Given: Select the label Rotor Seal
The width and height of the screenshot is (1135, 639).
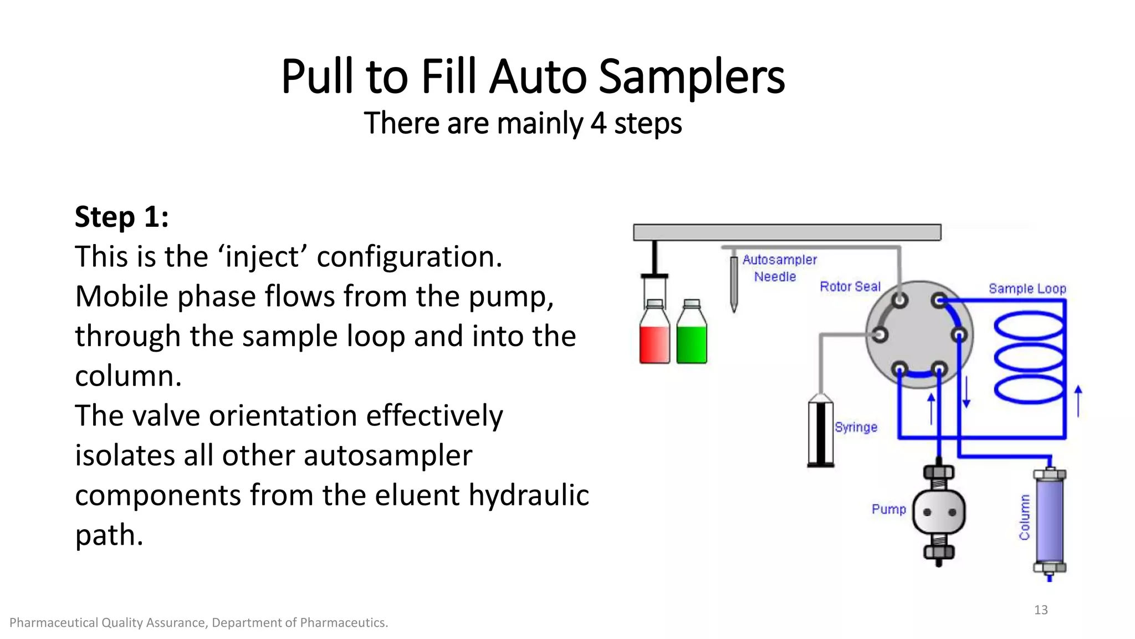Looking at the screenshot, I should pyautogui.click(x=850, y=287).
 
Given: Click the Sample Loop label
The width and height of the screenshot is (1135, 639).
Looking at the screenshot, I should pyautogui.click(x=1027, y=288).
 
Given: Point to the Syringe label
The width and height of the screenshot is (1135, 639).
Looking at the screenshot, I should pyautogui.click(x=856, y=427).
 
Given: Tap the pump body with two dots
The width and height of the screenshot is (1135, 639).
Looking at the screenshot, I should pyautogui.click(x=938, y=513).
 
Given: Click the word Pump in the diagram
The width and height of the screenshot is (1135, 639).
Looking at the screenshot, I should pyautogui.click(x=888, y=509).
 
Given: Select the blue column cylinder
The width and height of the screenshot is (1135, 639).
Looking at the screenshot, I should pyautogui.click(x=1049, y=520).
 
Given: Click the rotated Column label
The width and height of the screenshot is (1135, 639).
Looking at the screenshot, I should pyautogui.click(x=1024, y=518).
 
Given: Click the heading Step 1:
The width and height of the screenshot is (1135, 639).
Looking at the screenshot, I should pyautogui.click(x=121, y=216).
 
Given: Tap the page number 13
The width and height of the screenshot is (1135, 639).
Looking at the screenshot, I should pyautogui.click(x=1040, y=610).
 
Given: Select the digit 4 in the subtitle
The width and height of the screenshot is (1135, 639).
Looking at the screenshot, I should pyautogui.click(x=598, y=123).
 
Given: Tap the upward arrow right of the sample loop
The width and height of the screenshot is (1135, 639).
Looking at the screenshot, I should pyautogui.click(x=1078, y=400).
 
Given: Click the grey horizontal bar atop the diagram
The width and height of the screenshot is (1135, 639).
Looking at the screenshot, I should pyautogui.click(x=787, y=232).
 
